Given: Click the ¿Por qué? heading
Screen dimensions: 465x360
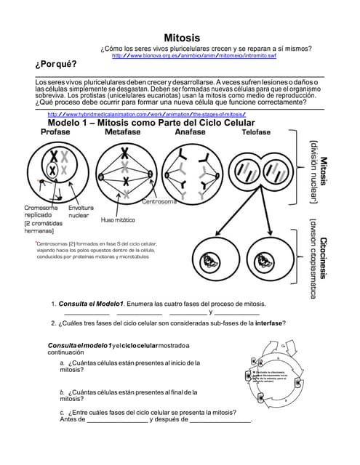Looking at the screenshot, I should pos(56,65).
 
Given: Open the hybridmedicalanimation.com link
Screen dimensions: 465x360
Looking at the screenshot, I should pos(146,115).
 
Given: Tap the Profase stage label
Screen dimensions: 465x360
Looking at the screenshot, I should pos(55,133).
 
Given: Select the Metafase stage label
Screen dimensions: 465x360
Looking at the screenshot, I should pos(123,133).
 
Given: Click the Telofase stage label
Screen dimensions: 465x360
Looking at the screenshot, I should pos(256,133).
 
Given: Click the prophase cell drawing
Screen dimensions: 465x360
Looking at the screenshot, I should pos(56,168).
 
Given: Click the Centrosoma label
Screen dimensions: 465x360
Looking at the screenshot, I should pos(159,201).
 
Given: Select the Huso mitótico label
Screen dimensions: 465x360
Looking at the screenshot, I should pos(117,219).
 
